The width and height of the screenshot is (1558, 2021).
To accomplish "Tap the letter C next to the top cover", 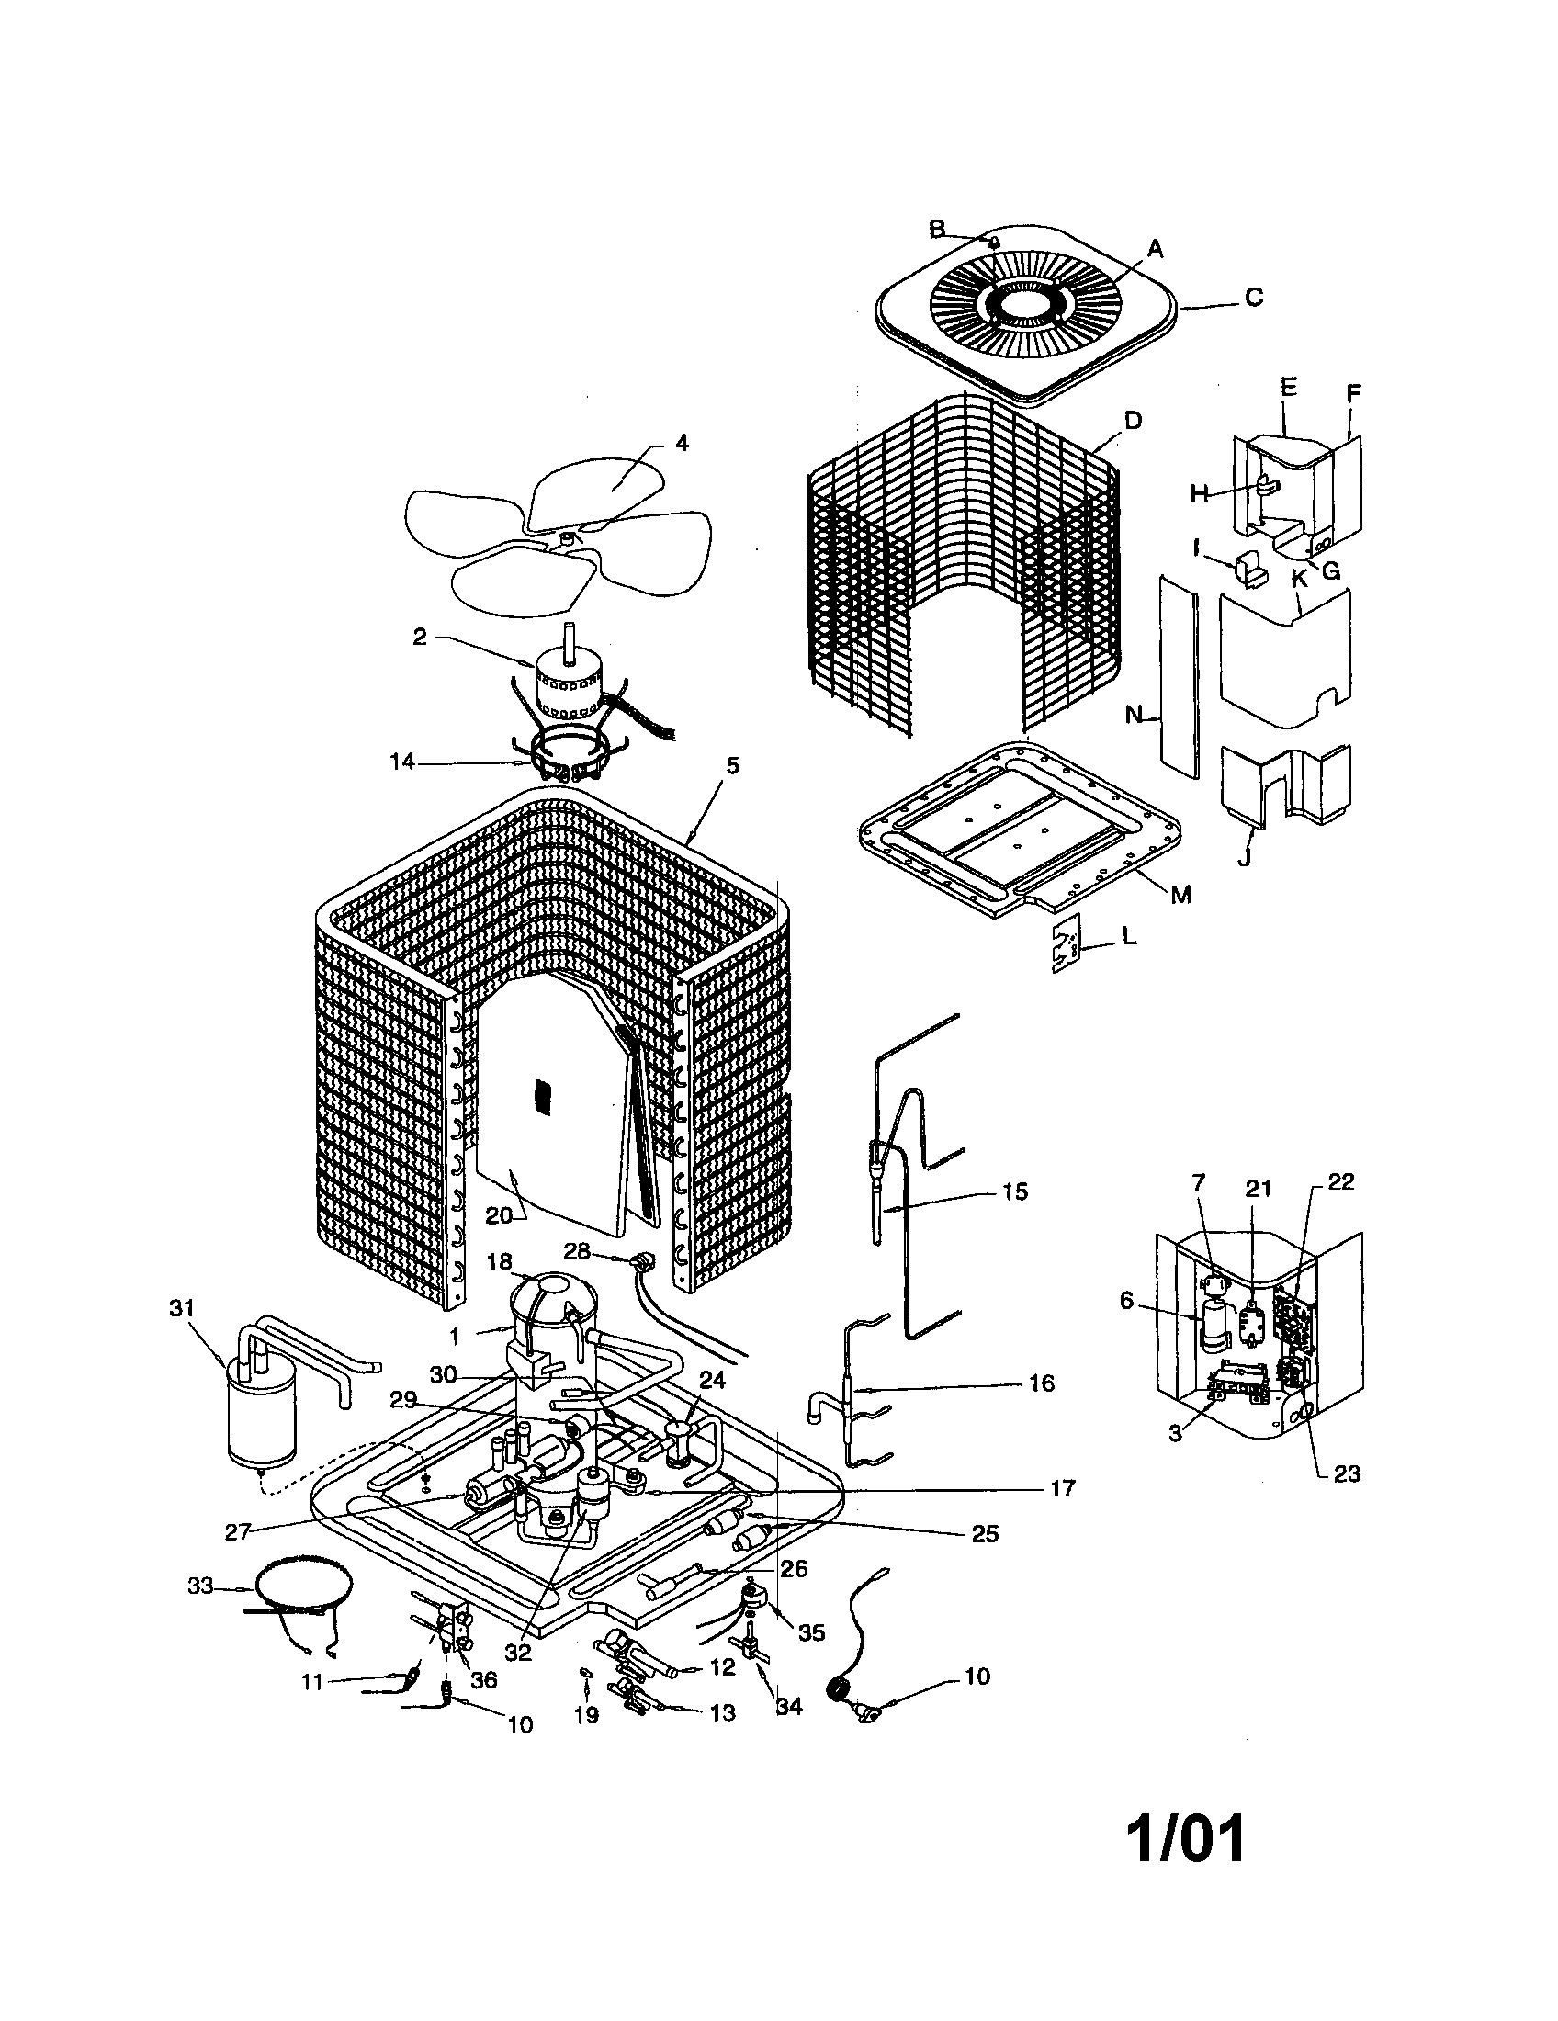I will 1254,298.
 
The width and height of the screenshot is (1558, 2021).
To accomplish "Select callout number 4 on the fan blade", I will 682,443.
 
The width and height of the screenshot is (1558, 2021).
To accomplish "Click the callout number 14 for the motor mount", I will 403,762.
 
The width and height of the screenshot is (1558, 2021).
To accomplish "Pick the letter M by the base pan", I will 1180,894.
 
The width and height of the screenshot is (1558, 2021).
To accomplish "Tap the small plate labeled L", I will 1069,944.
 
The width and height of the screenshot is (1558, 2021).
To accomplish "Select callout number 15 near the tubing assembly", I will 1015,1191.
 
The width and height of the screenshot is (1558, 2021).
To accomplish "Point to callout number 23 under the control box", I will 1346,1473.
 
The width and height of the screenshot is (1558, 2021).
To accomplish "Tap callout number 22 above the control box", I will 1340,1181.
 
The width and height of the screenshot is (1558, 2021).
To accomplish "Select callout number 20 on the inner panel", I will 498,1216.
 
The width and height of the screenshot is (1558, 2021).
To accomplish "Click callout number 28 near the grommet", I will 577,1251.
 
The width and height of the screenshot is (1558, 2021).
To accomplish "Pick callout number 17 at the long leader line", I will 1063,1488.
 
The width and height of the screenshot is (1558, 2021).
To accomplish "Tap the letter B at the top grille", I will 937,228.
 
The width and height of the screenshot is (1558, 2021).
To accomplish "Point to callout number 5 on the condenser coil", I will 732,766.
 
